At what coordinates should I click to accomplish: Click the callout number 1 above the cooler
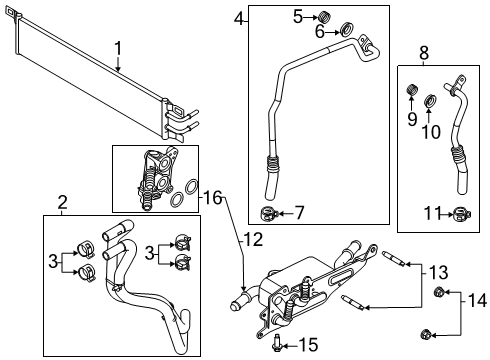tap(118, 47)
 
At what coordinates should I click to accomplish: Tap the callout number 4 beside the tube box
tap(238, 17)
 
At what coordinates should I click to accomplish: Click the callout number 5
tap(298, 15)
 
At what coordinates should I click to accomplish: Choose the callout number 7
tap(298, 212)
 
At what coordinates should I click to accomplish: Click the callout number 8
tap(424, 53)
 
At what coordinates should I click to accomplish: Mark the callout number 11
tap(427, 213)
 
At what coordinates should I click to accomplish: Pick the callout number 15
tap(309, 345)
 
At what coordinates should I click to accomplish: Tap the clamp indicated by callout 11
tap(459, 213)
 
